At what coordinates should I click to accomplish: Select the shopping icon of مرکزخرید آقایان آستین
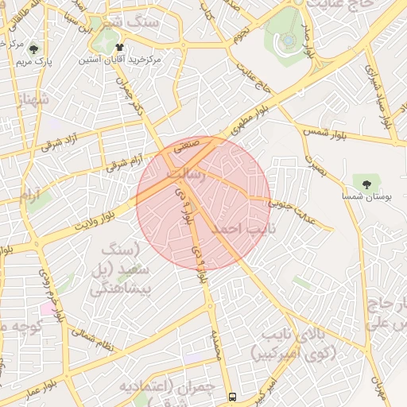(119, 48)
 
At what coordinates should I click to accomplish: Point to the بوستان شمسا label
(366, 196)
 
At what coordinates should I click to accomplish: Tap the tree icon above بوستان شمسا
(366, 184)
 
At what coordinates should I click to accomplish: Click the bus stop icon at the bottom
(232, 396)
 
